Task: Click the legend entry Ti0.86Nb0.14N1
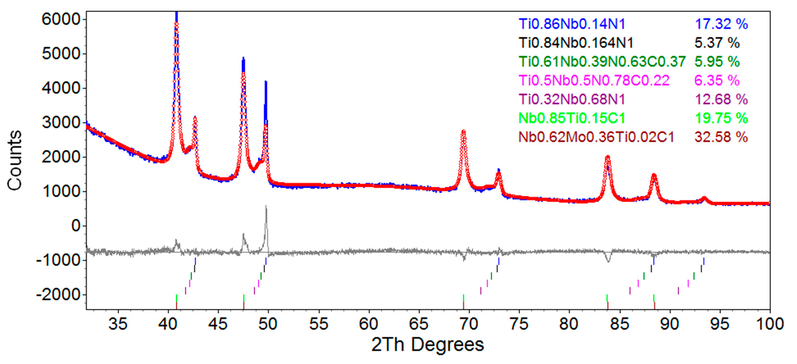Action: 572,24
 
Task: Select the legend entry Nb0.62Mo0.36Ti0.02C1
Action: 596,137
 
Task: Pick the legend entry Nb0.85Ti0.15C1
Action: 572,118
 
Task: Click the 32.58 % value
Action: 721,137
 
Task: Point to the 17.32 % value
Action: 721,24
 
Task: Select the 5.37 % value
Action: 717,43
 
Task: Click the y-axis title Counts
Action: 15,160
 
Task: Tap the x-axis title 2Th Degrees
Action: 427,344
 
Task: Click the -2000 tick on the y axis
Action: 58,295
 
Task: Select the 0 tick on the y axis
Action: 75,226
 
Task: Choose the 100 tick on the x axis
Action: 769,324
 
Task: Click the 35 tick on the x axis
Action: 117,324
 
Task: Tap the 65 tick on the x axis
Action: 418,324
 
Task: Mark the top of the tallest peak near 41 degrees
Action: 176,13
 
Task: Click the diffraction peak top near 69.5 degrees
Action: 463,131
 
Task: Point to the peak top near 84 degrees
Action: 608,157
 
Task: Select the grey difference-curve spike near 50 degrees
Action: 266,207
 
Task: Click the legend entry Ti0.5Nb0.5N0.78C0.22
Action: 594,80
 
